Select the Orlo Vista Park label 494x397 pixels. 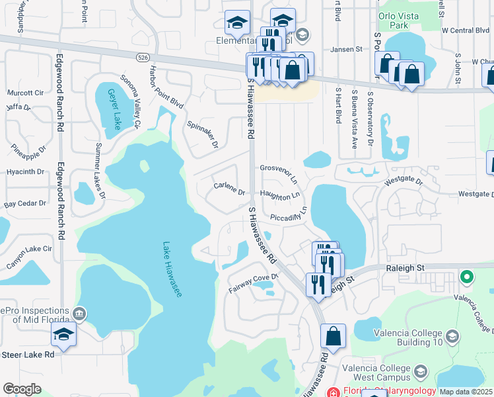(x=400, y=19)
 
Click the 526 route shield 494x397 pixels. (x=143, y=58)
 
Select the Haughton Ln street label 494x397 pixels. (x=279, y=195)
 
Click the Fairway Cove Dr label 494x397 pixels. (x=254, y=283)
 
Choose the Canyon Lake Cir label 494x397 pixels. (x=29, y=250)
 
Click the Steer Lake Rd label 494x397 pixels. (x=27, y=355)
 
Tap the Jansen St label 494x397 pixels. (x=347, y=49)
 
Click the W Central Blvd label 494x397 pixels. (x=466, y=30)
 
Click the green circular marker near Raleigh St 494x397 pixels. (x=468, y=277)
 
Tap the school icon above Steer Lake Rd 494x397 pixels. (x=63, y=334)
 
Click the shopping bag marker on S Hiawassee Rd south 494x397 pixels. (x=333, y=335)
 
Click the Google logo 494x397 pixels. (x=22, y=390)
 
